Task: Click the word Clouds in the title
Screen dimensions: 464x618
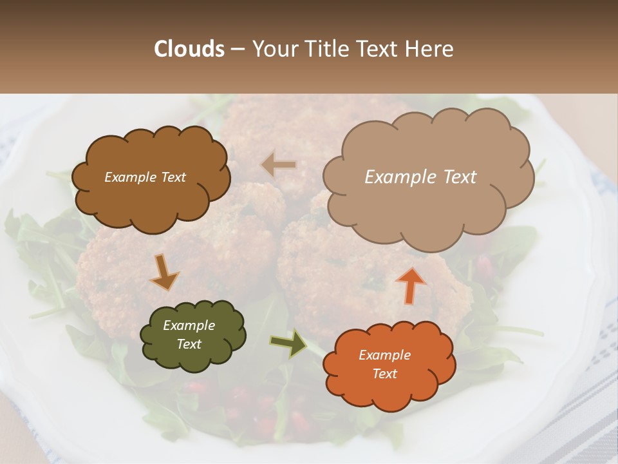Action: [189, 49]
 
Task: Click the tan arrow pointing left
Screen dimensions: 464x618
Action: [279, 165]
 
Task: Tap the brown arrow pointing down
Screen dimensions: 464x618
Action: [165, 271]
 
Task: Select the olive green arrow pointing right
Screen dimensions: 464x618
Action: [288, 343]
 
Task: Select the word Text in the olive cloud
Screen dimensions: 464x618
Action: [189, 344]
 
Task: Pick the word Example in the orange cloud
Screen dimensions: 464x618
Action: [384, 355]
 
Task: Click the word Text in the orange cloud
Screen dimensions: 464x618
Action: [384, 374]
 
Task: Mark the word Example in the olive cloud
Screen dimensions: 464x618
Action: [189, 325]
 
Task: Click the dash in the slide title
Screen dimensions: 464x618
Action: [238, 49]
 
